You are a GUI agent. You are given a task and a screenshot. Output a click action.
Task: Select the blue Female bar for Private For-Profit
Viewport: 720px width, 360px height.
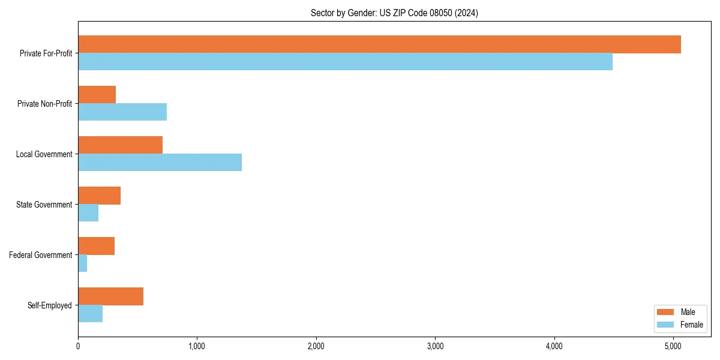[345, 62]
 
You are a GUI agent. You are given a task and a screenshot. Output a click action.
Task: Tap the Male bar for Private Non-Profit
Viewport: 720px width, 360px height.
[97, 95]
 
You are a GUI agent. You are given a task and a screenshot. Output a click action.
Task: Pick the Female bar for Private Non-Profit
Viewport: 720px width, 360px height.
[122, 112]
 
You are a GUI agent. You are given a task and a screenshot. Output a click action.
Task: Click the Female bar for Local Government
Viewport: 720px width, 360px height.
[160, 163]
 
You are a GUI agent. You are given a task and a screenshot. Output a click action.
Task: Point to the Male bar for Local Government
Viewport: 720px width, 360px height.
[120, 145]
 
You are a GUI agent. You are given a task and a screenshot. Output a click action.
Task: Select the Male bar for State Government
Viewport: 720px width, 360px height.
[99, 196]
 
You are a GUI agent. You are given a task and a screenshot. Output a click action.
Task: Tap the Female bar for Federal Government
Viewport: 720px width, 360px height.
[83, 263]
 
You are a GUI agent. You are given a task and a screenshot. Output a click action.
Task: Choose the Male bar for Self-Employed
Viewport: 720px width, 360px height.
[110, 296]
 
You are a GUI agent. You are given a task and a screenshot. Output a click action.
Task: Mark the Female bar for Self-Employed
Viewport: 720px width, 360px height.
[90, 314]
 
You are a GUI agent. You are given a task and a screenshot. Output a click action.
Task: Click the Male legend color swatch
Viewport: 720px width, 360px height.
[666, 312]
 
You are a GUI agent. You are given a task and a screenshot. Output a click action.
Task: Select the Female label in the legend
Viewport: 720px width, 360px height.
[692, 325]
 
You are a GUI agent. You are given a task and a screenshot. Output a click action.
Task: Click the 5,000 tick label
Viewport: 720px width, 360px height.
[673, 346]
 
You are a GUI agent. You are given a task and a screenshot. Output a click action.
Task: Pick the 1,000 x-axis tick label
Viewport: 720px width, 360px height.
[197, 346]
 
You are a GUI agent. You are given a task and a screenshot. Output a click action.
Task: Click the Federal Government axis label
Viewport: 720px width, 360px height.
[40, 255]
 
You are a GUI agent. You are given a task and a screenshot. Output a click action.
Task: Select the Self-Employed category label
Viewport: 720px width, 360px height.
[49, 305]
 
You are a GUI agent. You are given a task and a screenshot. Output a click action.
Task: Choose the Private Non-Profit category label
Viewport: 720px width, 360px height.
[44, 104]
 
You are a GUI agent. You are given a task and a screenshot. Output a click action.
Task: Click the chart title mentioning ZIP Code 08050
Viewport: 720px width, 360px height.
[394, 13]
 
